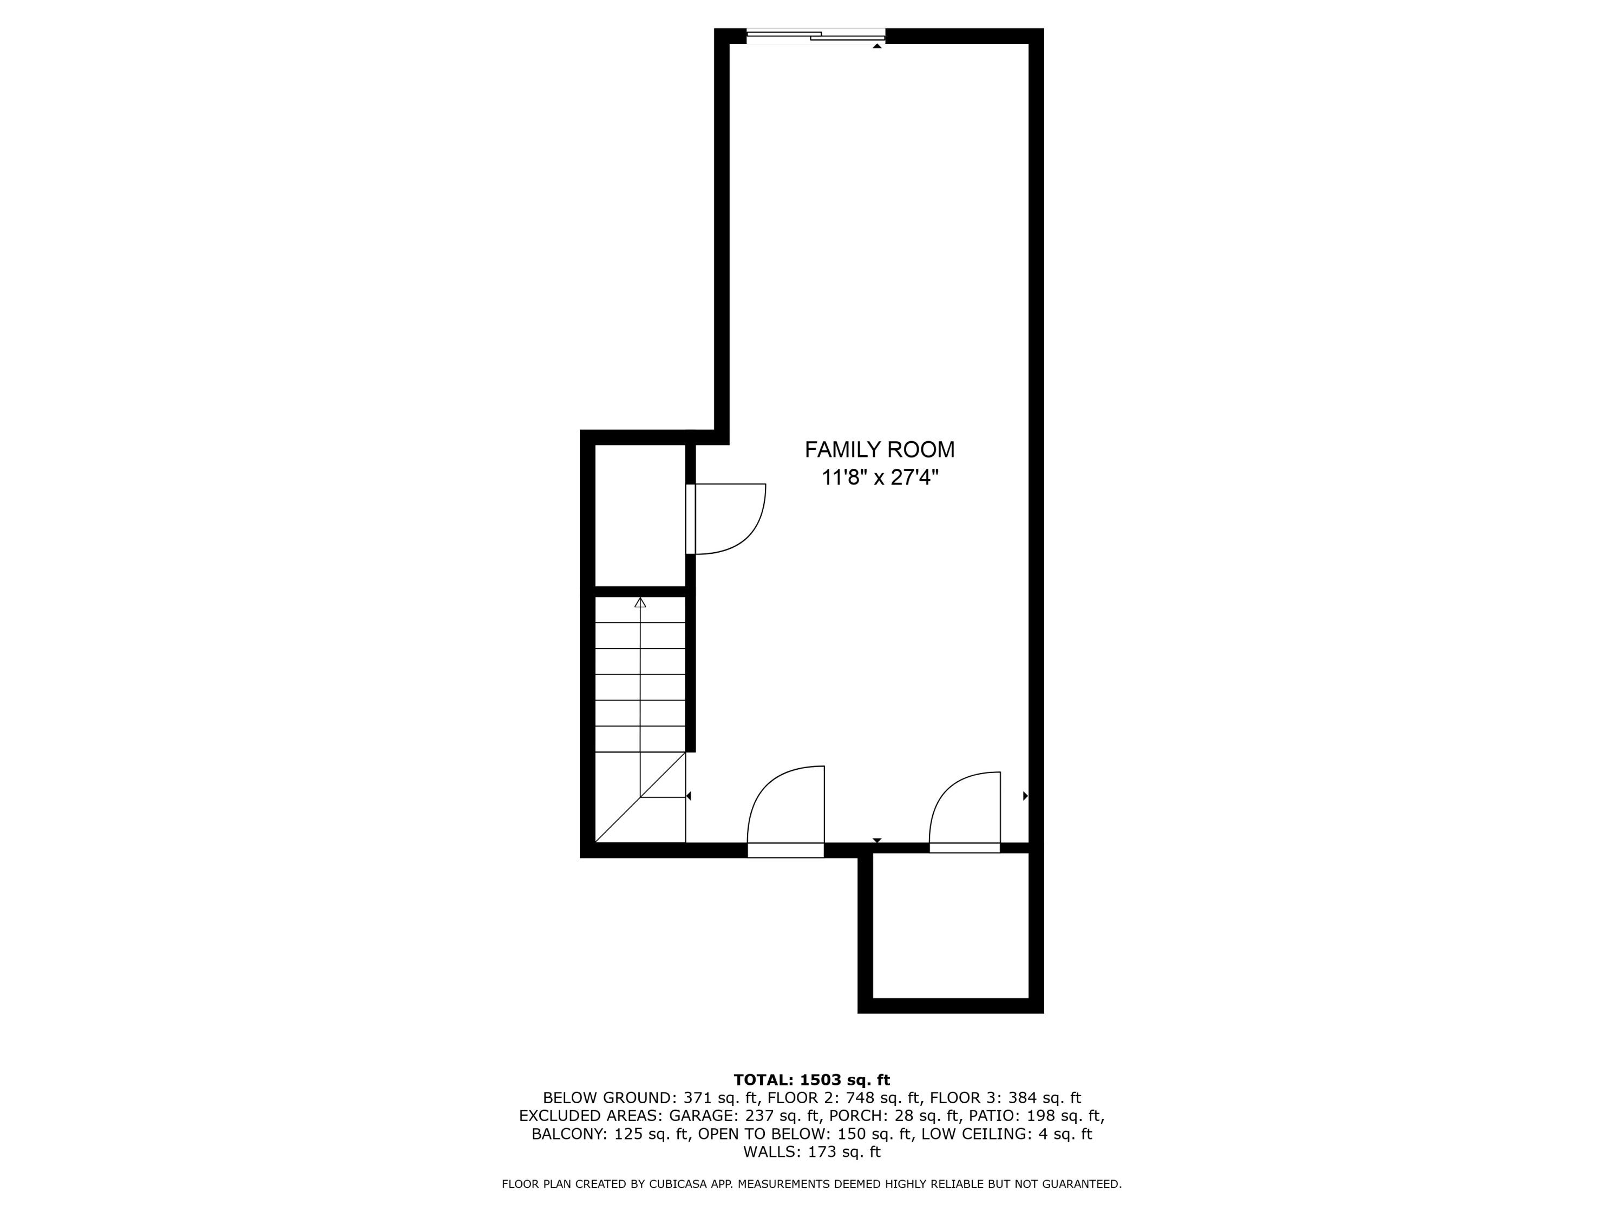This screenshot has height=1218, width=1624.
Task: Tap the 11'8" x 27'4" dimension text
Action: [880, 478]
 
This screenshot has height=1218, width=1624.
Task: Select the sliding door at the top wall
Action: [816, 35]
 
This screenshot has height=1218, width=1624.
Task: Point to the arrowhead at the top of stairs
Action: [640, 603]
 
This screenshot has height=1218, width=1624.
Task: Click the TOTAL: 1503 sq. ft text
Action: [811, 1080]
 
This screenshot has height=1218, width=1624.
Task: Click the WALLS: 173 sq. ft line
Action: [811, 1152]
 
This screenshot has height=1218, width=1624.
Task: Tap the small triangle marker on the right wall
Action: [1025, 796]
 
